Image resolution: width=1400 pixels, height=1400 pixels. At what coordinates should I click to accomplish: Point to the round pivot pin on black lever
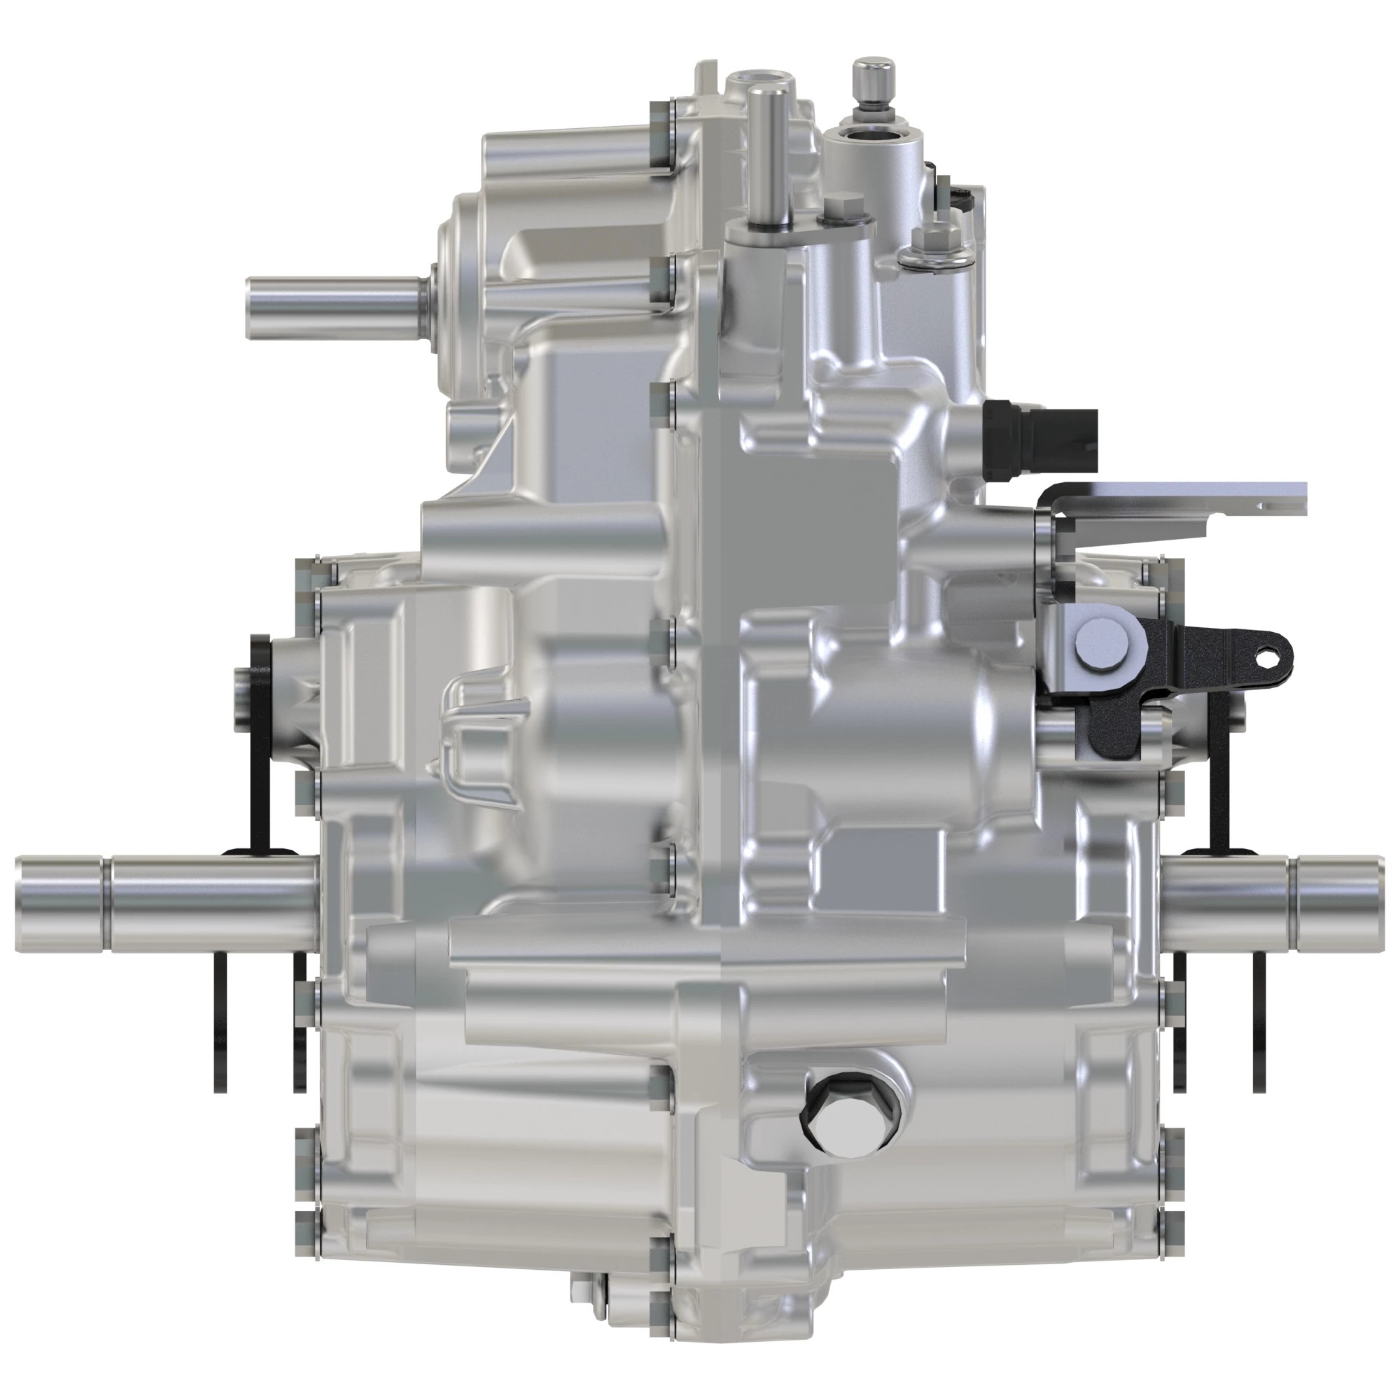(1101, 642)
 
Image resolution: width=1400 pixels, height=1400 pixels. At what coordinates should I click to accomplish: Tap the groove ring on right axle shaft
(1292, 893)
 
